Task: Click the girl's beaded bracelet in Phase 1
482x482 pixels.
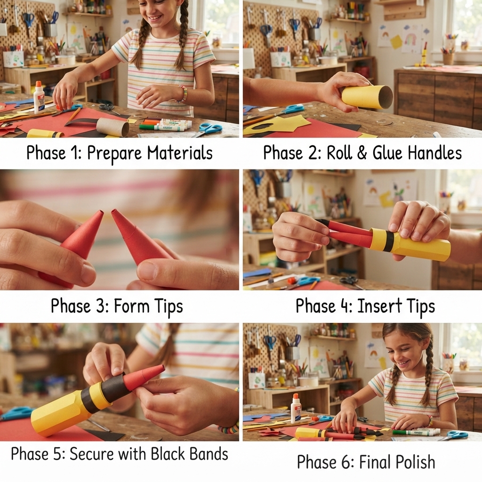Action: [x=184, y=94]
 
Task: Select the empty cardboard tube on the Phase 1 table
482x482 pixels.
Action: [x=113, y=127]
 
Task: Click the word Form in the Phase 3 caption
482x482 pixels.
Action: [x=132, y=306]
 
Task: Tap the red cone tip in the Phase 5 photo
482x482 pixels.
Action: [x=143, y=377]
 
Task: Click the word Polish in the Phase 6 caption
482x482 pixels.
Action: [x=415, y=462]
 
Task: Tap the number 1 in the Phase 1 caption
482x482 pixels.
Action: [x=75, y=153]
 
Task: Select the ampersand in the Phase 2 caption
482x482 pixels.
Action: [x=362, y=153]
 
